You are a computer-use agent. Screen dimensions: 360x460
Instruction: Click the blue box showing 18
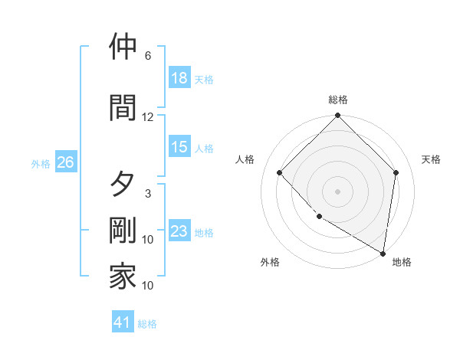(x=179, y=78)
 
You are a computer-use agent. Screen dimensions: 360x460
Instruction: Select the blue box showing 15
(x=179, y=147)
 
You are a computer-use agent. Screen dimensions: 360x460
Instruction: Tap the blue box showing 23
(x=179, y=232)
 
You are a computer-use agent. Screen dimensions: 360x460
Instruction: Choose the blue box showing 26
(x=65, y=162)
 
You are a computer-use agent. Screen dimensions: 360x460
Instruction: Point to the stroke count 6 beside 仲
(x=148, y=56)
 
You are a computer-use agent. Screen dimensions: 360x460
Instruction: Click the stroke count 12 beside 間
(x=148, y=117)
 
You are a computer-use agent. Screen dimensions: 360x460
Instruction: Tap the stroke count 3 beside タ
(x=148, y=194)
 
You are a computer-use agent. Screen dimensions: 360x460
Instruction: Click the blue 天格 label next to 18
(x=204, y=79)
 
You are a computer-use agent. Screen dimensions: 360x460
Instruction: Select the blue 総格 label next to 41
(x=147, y=324)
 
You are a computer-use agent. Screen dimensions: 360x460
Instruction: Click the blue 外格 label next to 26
(x=41, y=163)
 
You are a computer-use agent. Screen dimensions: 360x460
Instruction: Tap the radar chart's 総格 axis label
(x=338, y=100)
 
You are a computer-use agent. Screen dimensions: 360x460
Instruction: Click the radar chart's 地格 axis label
(x=402, y=263)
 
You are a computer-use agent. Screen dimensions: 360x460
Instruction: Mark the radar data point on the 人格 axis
(x=280, y=172)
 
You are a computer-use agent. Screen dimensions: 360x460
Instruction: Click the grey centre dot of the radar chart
(x=338, y=191)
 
